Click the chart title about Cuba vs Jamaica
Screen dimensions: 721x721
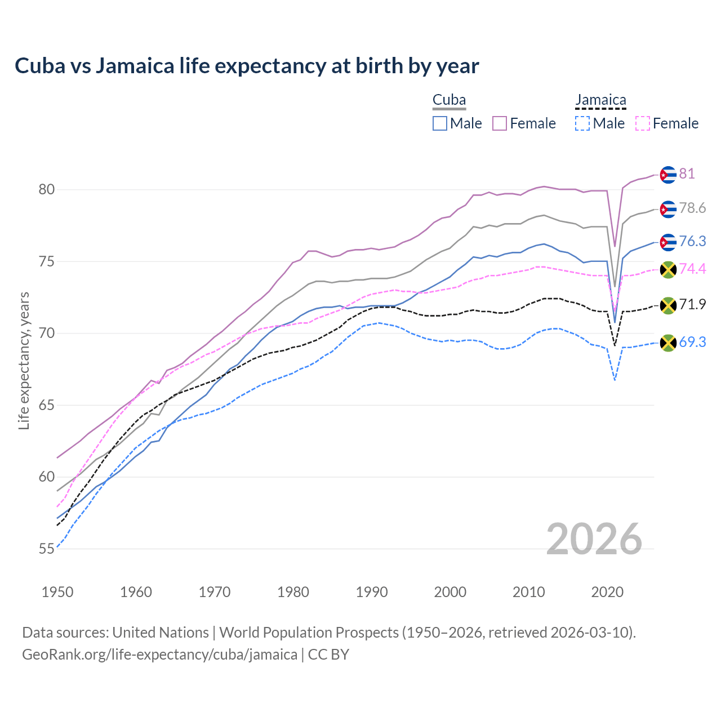click(247, 66)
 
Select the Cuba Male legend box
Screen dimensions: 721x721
click(440, 123)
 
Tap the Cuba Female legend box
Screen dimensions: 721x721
click(500, 123)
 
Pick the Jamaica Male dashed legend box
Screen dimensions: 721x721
click(582, 123)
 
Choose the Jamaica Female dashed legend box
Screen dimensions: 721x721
click(642, 123)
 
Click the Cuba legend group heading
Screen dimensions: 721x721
click(449, 100)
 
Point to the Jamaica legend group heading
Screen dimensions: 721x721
click(600, 100)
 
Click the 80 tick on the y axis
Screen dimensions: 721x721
click(47, 190)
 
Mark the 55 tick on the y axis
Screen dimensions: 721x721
click(47, 549)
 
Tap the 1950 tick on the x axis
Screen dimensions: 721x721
click(57, 592)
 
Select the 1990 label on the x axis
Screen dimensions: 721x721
click(372, 592)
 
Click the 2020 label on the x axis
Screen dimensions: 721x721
click(607, 592)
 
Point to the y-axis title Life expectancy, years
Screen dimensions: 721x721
click(24, 360)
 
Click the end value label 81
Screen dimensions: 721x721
click(687, 174)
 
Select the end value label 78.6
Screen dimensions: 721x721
click(692, 208)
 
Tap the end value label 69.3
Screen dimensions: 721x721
click(692, 342)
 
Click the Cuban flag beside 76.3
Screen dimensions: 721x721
click(667, 242)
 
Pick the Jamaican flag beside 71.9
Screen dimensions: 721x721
click(667, 305)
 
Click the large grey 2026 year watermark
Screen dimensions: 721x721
click(594, 539)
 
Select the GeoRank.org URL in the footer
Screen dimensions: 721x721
click(159, 655)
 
